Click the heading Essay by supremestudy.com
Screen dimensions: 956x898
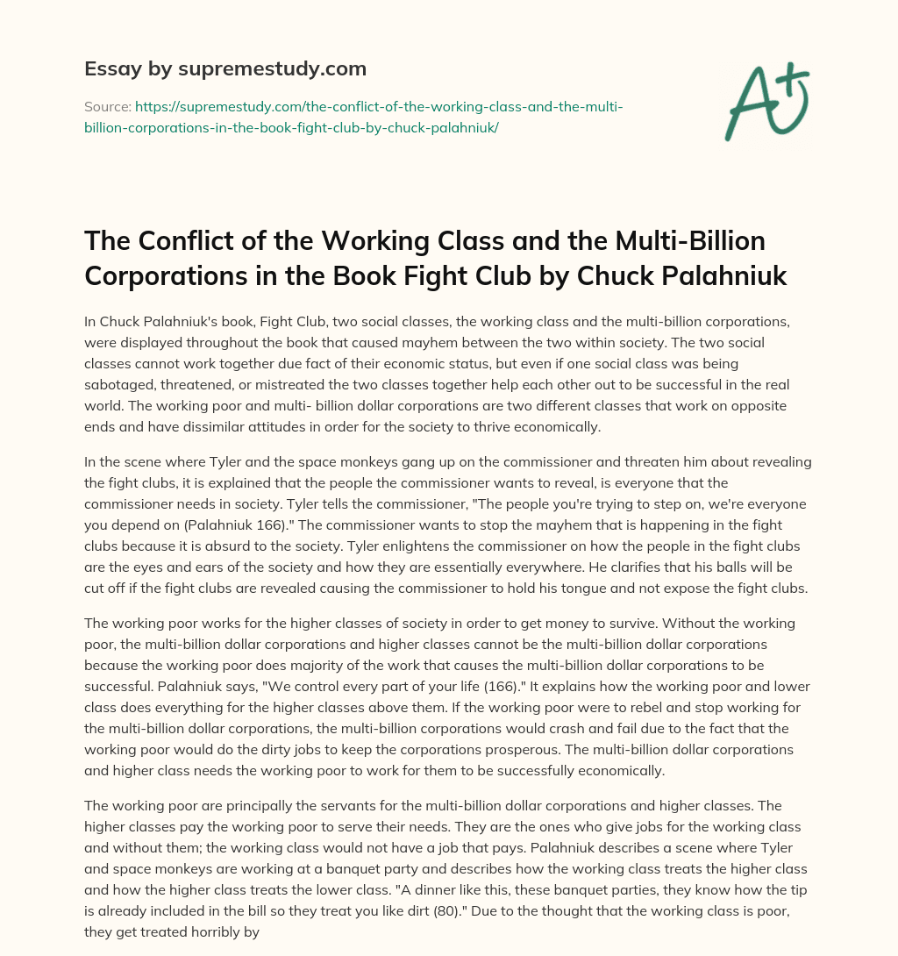[x=225, y=68]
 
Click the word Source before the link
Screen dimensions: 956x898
[x=106, y=107]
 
